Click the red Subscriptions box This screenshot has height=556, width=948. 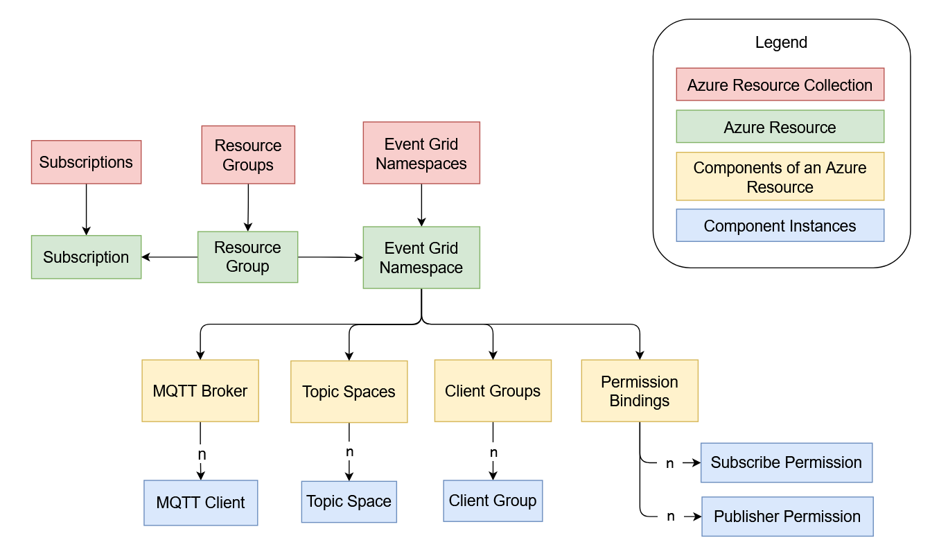86,162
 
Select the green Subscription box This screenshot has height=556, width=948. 86,257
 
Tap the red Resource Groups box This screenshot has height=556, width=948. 248,155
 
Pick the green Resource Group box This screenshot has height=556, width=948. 247,257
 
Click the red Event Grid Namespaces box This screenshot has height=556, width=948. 421,153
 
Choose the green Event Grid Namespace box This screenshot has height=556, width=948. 421,258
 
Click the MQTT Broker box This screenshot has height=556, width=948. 200,391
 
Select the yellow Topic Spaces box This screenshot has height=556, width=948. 349,392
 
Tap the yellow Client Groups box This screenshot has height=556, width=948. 493,391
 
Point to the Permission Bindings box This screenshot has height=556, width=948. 639,391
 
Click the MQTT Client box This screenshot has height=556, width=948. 200,503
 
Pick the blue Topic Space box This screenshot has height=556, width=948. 349,502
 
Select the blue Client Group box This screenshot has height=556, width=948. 493,501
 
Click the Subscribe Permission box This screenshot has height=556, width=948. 786,462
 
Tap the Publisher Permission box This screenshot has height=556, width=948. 787,516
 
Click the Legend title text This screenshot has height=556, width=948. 781,42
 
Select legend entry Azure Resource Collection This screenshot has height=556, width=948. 780,85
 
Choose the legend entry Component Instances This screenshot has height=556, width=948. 780,226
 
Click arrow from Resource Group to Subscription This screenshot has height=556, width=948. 170,257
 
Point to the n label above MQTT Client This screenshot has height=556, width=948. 202,455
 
